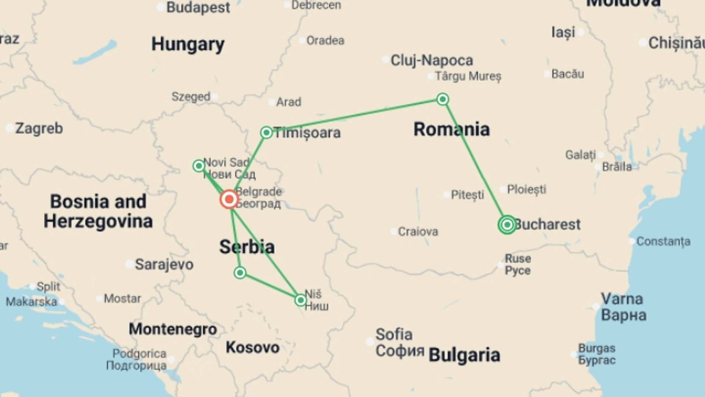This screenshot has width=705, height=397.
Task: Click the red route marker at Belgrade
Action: [229, 200]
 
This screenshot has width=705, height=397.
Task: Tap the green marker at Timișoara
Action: [266, 132]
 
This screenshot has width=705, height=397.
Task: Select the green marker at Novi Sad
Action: [199, 166]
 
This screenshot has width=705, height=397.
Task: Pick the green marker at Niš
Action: [300, 300]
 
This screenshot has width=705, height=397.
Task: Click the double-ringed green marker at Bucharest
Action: [507, 224]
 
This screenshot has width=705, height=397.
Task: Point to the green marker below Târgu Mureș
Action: [442, 99]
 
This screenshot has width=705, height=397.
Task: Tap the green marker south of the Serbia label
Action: [240, 273]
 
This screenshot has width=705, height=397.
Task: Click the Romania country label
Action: [451, 129]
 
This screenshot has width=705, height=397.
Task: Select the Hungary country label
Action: [188, 44]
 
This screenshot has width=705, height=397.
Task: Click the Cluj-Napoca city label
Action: [431, 60]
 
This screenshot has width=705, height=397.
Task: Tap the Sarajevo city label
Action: [164, 264]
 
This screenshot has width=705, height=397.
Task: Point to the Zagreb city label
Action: [39, 128]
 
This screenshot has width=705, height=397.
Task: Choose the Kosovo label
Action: [252, 347]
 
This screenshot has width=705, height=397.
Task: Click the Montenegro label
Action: [173, 329]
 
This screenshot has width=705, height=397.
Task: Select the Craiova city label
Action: [418, 232]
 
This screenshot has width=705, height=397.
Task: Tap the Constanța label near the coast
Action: [663, 242]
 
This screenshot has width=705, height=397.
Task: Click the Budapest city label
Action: [198, 7]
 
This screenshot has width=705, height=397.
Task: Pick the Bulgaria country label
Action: [464, 355]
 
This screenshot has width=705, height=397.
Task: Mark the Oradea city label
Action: [325, 40]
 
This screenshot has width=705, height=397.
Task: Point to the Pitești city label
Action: [467, 195]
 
